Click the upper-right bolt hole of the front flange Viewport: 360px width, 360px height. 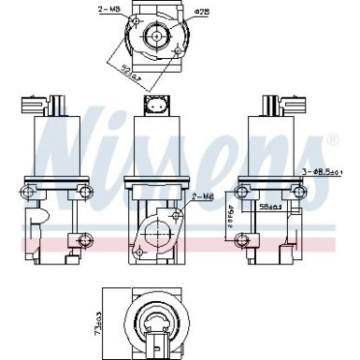(174, 215)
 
